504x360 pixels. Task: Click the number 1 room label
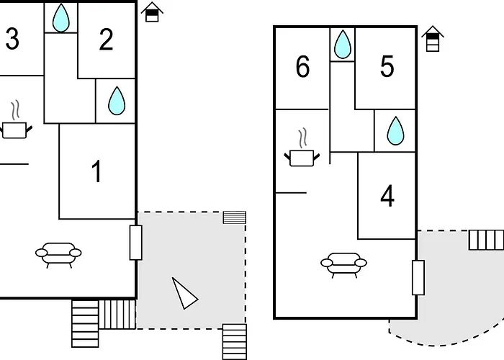coord(96,171)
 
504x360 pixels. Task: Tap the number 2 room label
coord(106,39)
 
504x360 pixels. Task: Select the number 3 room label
coord(12,39)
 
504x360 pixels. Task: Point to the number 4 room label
coord(387,196)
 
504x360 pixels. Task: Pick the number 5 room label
coord(387,66)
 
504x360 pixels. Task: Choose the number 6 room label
coord(303,66)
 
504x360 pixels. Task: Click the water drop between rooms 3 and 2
coord(60,18)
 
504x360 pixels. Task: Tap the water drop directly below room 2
coord(117,101)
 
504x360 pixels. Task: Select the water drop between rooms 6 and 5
coord(343,45)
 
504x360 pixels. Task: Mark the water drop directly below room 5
coord(395,130)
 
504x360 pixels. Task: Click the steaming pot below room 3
coord(14,121)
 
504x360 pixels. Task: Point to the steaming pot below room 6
coord(302,148)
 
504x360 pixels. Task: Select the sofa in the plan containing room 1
coord(58,255)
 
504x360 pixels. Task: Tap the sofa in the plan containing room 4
coord(343,265)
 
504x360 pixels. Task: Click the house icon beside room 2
coord(152,12)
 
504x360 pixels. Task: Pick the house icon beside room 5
coord(433,39)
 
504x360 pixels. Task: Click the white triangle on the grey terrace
coord(184,294)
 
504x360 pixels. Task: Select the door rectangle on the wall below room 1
coord(135,243)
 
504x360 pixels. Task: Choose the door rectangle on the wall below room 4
coord(418,278)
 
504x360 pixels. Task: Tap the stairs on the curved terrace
coord(486,240)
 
